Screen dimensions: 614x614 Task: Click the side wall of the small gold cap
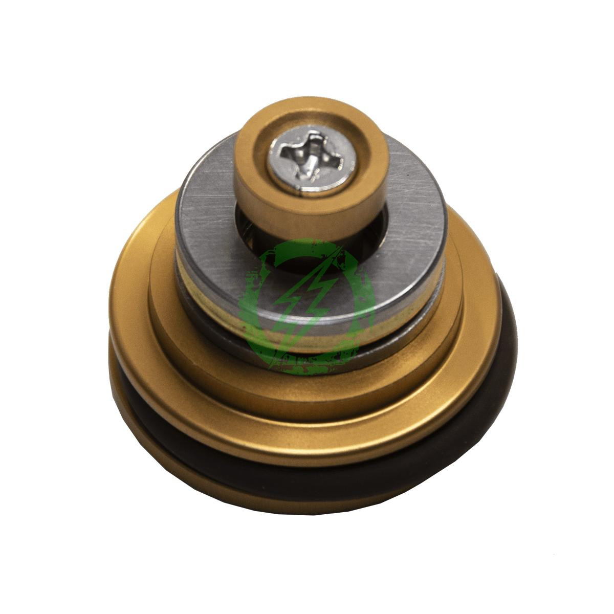coord(287,217)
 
